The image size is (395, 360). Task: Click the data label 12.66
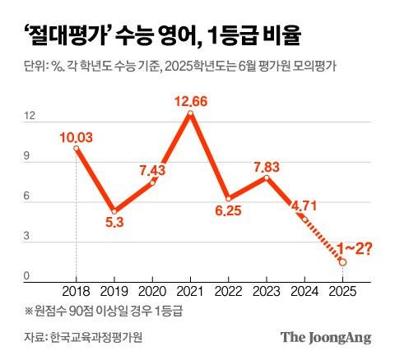pos(191,101)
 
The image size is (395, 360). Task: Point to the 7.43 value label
pos(153,169)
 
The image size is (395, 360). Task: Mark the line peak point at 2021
pos(191,114)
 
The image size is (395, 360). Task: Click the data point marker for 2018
pos(77,149)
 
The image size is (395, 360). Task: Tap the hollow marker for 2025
pos(343,261)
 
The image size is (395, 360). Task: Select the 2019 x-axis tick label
pos(114,291)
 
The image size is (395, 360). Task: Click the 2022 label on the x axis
pos(229,291)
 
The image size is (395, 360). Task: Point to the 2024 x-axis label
pos(305,291)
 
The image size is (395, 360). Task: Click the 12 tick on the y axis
pos(30,117)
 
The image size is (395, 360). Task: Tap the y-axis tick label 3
pos(28,237)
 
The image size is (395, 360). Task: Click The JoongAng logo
pos(325,337)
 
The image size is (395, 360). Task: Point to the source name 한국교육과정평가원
pos(101,338)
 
